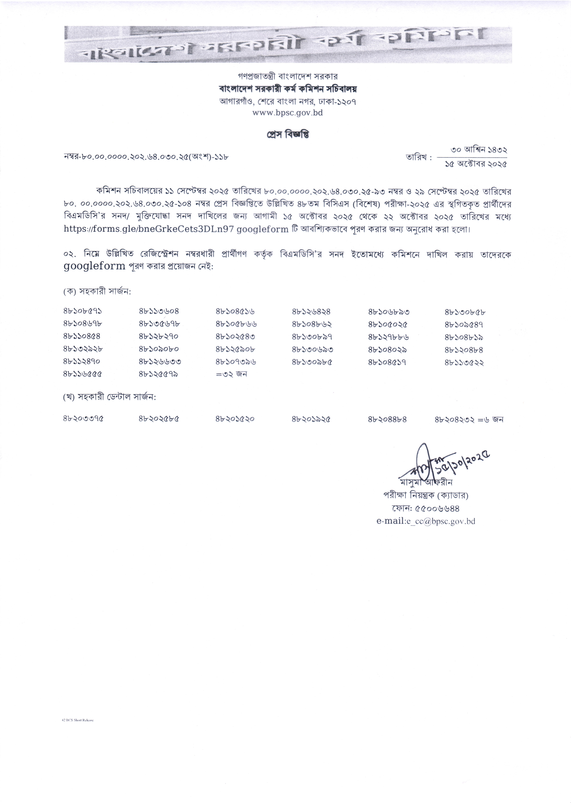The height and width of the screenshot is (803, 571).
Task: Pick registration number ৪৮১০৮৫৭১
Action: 83,311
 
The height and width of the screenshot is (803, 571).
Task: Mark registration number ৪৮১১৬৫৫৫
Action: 83,374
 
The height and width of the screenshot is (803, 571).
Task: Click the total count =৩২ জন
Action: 231,374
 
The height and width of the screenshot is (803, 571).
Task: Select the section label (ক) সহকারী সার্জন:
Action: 97,291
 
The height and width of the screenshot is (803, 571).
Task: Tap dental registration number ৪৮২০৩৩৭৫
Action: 84,419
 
